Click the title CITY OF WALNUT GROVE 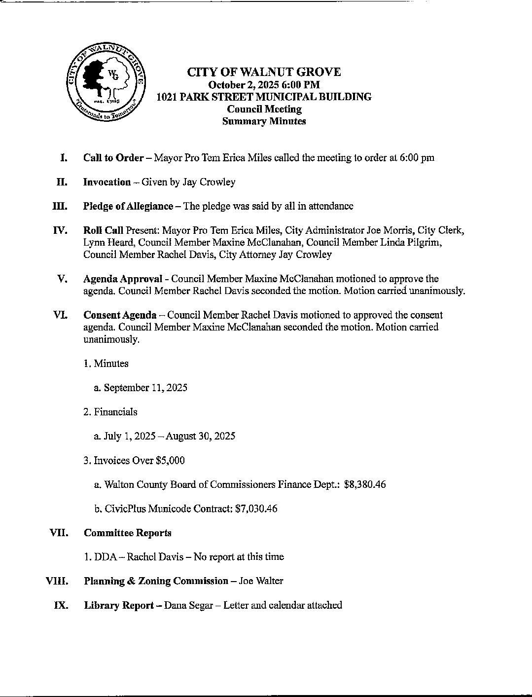click(264, 73)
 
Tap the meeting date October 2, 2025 click(244, 85)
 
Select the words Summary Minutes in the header click(264, 121)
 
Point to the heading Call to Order click(113, 158)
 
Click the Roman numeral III click(60, 206)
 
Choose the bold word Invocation click(107, 182)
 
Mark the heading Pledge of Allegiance click(128, 206)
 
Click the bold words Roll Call click(103, 230)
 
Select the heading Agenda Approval click(123, 279)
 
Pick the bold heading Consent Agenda click(120, 315)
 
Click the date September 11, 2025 click(145, 388)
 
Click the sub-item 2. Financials click(110, 412)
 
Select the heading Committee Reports click(128, 533)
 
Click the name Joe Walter click(261, 581)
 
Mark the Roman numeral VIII click(57, 581)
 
